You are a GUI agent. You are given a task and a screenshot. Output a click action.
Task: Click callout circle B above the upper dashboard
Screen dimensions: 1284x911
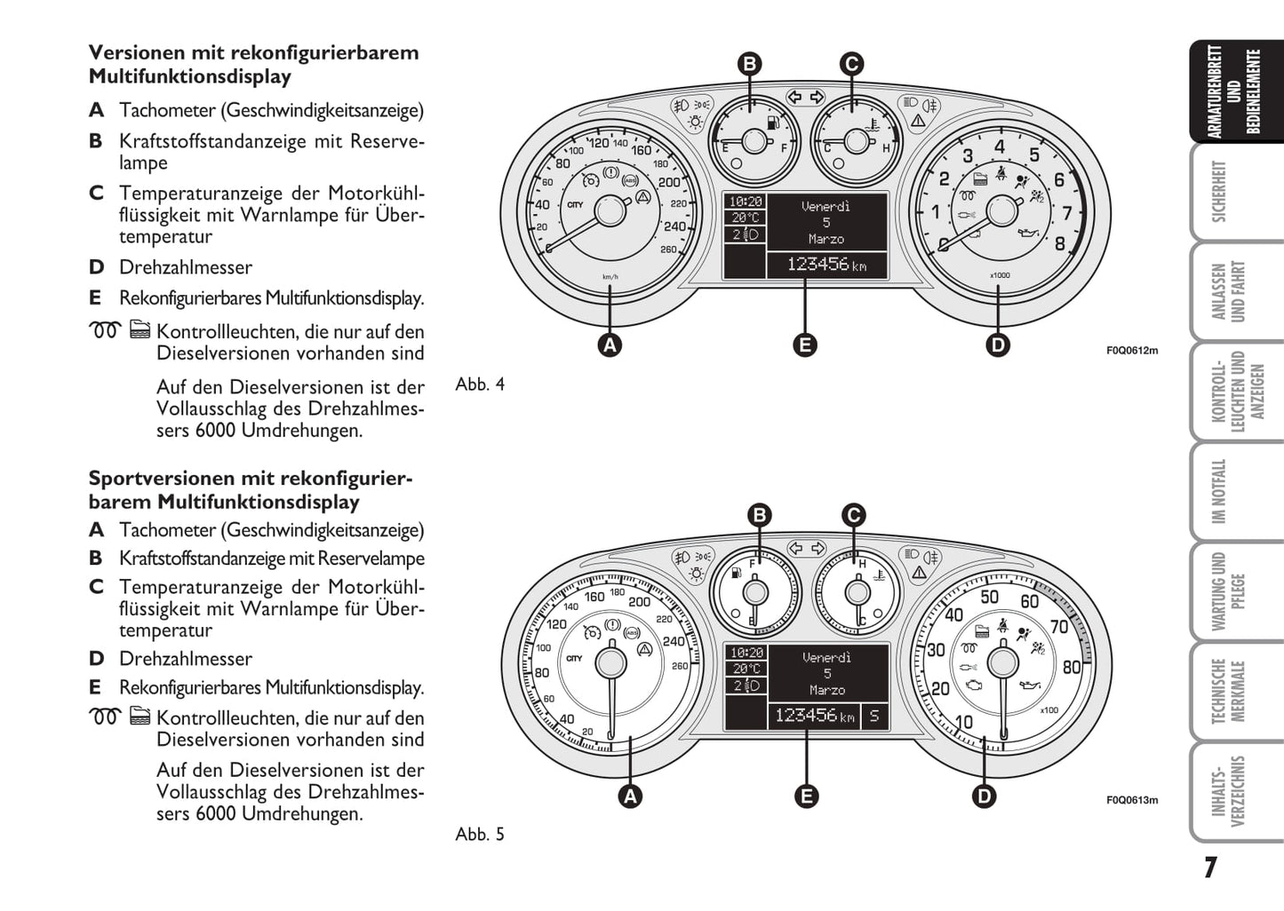(750, 64)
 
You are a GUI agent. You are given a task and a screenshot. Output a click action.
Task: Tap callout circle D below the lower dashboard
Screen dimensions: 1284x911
(985, 796)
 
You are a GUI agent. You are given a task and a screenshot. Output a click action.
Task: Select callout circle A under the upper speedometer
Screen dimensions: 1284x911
(610, 345)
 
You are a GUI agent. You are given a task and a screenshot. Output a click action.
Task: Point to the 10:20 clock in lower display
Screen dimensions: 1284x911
(746, 653)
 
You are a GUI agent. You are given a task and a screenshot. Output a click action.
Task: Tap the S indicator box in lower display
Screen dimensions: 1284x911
(874, 716)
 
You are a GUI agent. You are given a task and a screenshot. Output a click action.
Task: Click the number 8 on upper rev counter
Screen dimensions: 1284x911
(1060, 244)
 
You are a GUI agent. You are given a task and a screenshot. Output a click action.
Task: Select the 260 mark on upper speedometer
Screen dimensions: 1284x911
(668, 250)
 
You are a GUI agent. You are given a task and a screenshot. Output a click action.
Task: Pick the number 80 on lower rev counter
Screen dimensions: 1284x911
(1072, 668)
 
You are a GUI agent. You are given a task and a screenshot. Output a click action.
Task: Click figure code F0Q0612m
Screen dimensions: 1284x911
(1132, 351)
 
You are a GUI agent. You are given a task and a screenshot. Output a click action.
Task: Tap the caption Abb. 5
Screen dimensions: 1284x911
(480, 835)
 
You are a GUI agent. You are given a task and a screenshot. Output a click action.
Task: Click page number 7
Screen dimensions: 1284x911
(1210, 868)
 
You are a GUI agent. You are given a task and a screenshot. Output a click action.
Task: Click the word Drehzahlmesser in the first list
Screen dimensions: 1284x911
(186, 267)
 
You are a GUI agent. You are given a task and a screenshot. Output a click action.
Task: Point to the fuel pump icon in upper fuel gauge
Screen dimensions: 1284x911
(773, 123)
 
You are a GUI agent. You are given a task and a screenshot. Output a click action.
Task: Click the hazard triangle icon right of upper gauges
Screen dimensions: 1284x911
(918, 121)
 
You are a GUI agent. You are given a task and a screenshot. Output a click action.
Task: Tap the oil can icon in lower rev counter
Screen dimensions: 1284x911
(1030, 685)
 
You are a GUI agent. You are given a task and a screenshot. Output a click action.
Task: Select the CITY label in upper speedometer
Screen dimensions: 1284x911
(575, 204)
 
